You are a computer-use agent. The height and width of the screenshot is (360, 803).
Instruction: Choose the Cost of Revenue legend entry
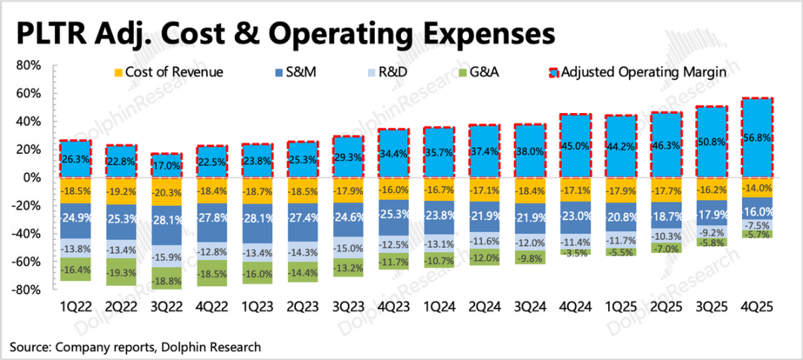(x=167, y=72)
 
